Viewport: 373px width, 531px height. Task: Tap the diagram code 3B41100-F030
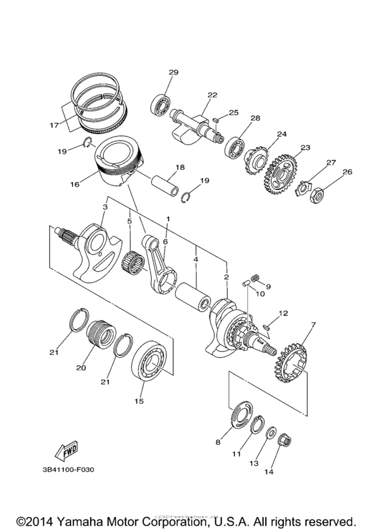pos(69,470)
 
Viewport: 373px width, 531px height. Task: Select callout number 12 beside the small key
pos(283,312)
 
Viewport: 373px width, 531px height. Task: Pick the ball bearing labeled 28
pos(233,146)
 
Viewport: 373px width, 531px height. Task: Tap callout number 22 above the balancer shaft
pos(212,95)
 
